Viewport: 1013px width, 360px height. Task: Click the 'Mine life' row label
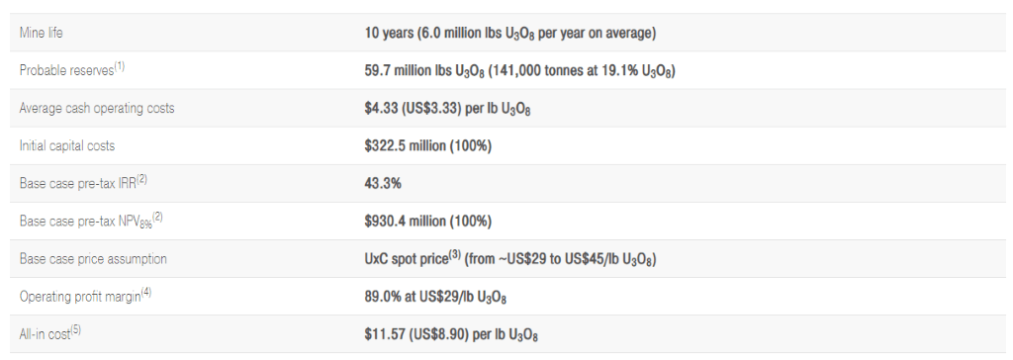point(42,33)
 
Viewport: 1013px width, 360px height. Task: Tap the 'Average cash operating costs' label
point(97,108)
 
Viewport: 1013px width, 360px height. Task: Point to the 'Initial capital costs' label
point(67,145)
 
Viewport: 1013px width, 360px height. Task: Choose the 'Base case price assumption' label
point(93,258)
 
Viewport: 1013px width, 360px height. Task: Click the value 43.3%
point(383,184)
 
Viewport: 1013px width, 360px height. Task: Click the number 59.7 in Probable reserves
point(377,70)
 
